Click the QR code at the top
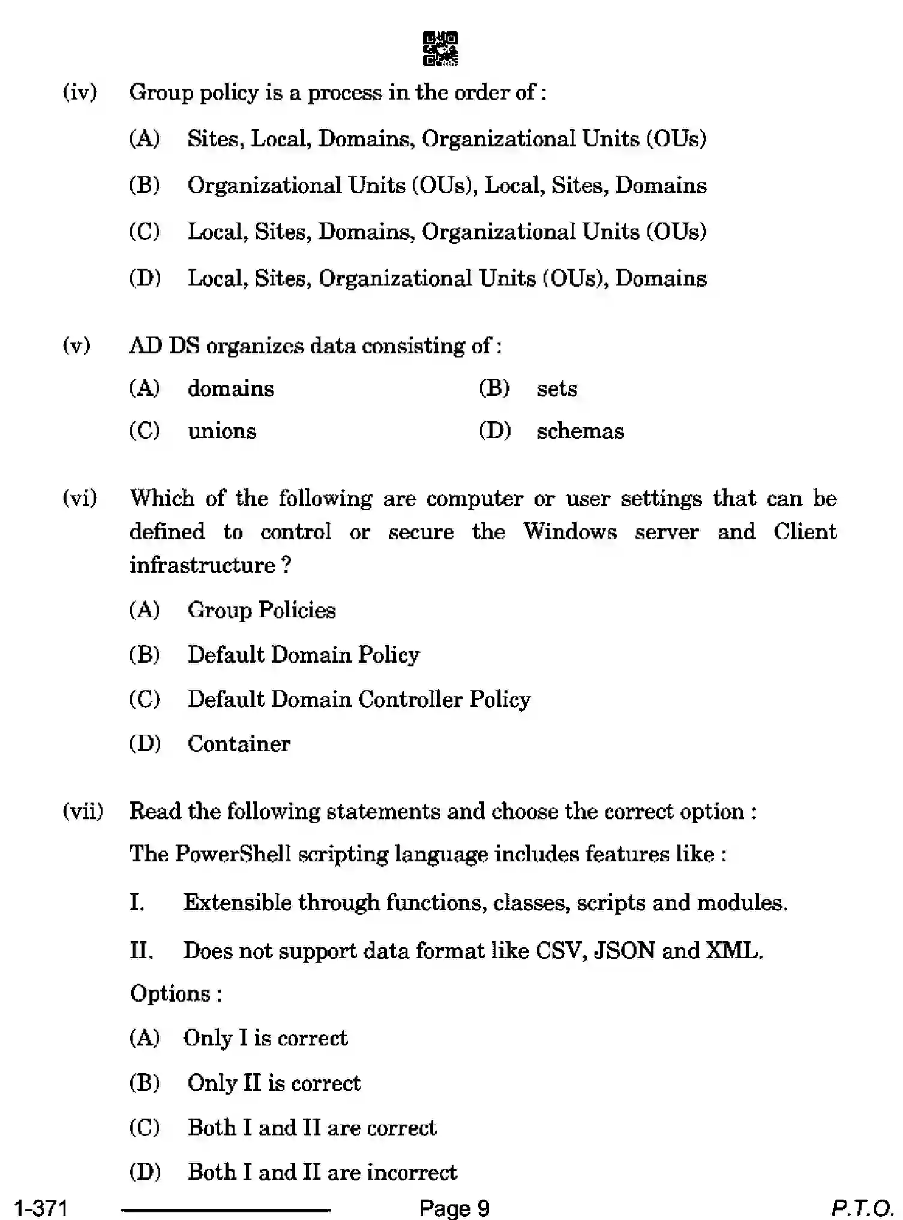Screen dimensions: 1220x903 pyautogui.click(x=440, y=49)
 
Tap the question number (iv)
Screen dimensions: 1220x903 pyautogui.click(x=80, y=92)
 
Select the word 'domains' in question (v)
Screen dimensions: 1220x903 pyautogui.click(x=230, y=389)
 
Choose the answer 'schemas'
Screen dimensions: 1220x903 pyautogui.click(x=580, y=431)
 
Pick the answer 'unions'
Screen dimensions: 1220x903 pyautogui.click(x=221, y=431)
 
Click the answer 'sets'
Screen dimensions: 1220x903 pyautogui.click(x=556, y=389)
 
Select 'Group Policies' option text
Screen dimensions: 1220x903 pyautogui.click(x=262, y=610)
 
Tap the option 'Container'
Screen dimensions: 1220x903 pyautogui.click(x=239, y=744)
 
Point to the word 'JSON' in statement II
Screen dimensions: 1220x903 pyautogui.click(x=624, y=951)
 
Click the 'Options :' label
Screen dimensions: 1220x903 pyautogui.click(x=176, y=994)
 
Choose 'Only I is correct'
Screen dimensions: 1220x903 pyautogui.click(x=265, y=1038)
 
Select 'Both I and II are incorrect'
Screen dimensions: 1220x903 pyautogui.click(x=322, y=1171)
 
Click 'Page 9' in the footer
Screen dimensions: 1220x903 pyautogui.click(x=454, y=1207)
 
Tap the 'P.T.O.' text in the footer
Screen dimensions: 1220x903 pyautogui.click(x=862, y=1207)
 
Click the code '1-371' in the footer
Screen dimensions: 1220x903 pyautogui.click(x=41, y=1207)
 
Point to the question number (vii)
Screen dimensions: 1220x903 pyautogui.click(x=83, y=812)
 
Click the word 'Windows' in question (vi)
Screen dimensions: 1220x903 pyautogui.click(x=569, y=531)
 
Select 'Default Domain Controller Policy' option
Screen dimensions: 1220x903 pyautogui.click(x=359, y=699)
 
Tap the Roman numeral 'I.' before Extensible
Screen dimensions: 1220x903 pyautogui.click(x=137, y=902)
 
